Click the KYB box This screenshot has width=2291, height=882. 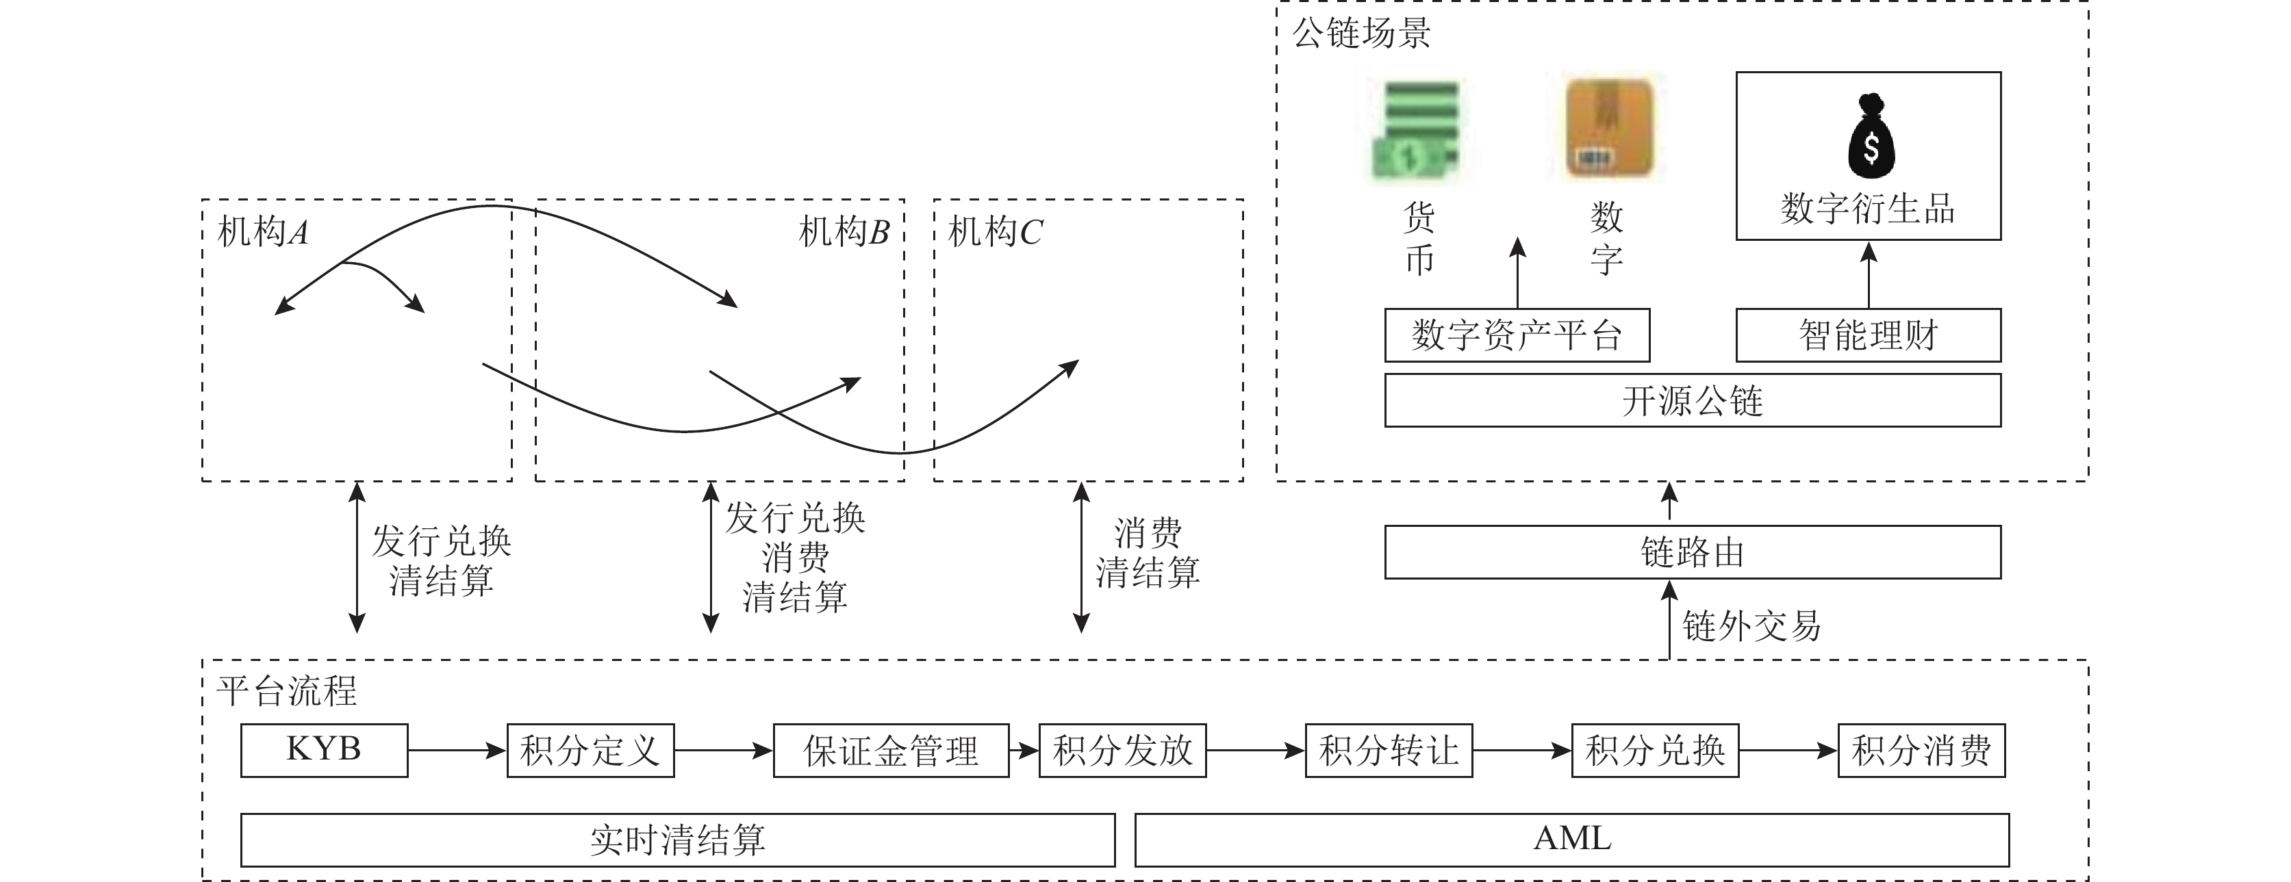coord(324,751)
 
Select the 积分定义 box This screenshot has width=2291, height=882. coord(590,751)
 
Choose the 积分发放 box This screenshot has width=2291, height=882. coord(1122,751)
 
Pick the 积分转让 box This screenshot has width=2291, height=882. coord(1389,751)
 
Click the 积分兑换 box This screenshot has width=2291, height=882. coord(1654,751)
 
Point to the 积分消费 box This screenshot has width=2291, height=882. coord(1921,751)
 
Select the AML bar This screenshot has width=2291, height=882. coord(1571,840)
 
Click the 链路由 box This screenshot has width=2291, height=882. coord(1692,552)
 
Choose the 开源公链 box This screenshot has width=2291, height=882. coord(1692,400)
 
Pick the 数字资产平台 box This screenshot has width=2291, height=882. coord(1517,335)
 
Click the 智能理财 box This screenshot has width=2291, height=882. coord(1868,335)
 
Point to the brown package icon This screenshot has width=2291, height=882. coord(1609,127)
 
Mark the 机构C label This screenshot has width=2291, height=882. coord(995,232)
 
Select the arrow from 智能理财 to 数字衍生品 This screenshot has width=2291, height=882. coord(1869,275)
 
